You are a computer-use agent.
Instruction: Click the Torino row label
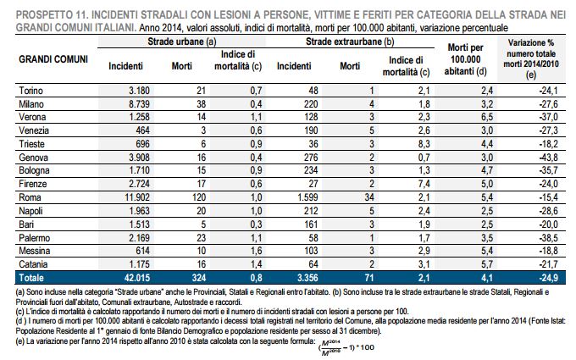click(x=30, y=91)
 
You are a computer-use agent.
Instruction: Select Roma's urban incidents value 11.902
click(x=137, y=197)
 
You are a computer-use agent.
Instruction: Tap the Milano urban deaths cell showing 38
click(x=201, y=104)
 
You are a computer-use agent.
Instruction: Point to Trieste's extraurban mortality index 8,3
click(x=424, y=144)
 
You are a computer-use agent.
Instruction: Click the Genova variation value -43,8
click(x=548, y=158)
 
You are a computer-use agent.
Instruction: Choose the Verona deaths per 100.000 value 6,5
click(x=487, y=117)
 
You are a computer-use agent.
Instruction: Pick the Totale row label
click(x=31, y=278)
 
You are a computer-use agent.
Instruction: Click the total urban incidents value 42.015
click(x=137, y=278)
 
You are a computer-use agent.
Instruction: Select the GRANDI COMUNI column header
click(x=53, y=59)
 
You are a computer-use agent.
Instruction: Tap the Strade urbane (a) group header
click(x=182, y=42)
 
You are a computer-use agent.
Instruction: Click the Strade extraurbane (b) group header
click(x=350, y=42)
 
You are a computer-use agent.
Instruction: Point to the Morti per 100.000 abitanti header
click(x=465, y=59)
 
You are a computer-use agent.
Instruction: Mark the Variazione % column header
click(x=531, y=58)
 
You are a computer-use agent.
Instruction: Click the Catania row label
click(x=33, y=264)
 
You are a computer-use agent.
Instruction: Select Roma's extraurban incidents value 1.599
click(x=307, y=197)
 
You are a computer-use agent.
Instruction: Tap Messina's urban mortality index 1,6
click(x=256, y=251)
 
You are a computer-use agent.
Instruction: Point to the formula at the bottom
click(x=346, y=347)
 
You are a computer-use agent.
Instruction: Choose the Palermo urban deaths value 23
click(x=201, y=238)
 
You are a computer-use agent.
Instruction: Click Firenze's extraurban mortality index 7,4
click(x=424, y=184)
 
